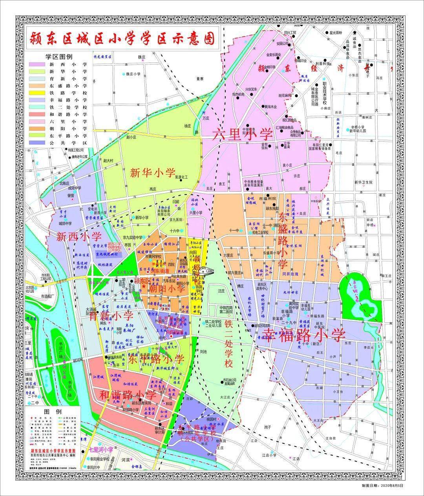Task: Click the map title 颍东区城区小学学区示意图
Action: (x=122, y=38)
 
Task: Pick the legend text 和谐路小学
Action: (x=68, y=115)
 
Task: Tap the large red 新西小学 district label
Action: (x=79, y=237)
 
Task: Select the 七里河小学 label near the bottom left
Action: (x=100, y=449)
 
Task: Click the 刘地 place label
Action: (x=203, y=352)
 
